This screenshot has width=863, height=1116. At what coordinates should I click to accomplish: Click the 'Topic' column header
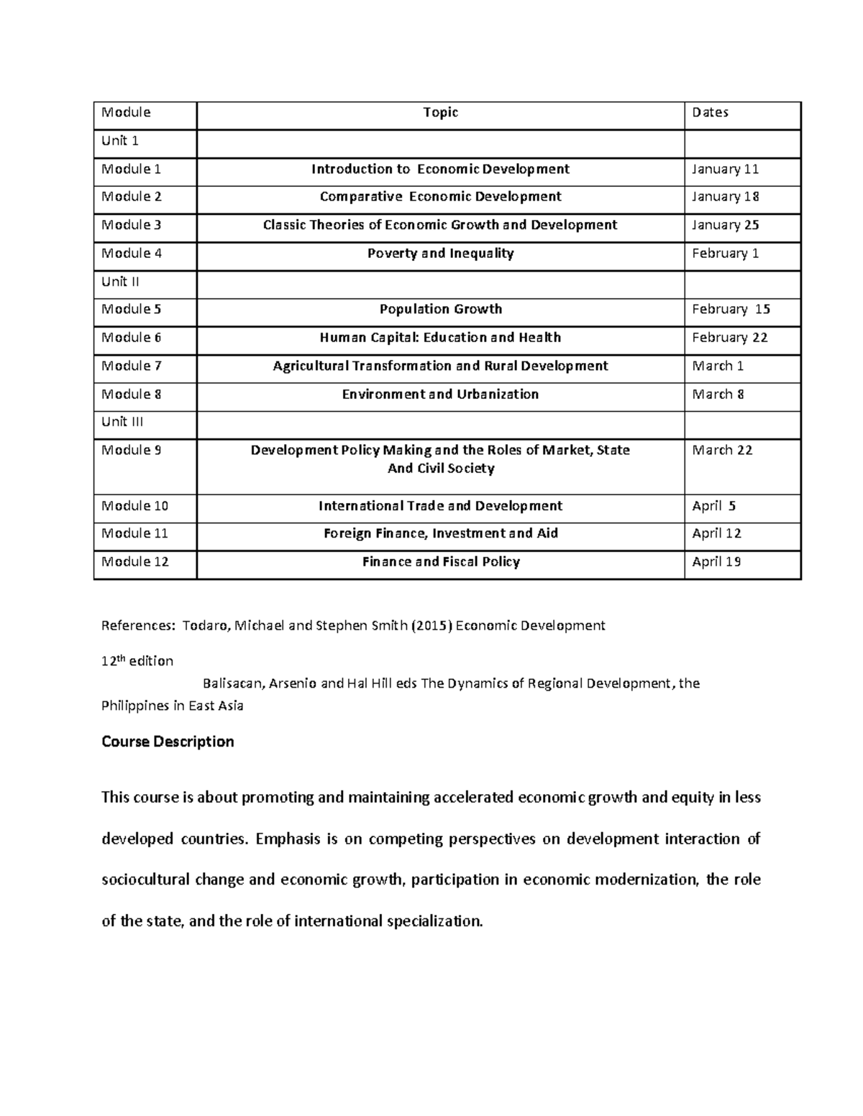[x=440, y=112]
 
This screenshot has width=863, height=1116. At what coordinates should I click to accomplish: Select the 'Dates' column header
[x=710, y=112]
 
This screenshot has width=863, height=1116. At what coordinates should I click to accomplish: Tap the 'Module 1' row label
[x=131, y=169]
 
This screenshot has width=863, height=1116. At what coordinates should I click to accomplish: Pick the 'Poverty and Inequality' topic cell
[x=440, y=253]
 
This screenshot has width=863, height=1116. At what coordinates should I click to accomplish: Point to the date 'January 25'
[x=725, y=225]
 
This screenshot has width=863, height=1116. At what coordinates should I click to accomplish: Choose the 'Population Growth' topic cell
[x=440, y=309]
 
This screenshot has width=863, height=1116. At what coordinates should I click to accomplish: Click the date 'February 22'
[x=729, y=338]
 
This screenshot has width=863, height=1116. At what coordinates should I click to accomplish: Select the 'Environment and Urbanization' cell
[x=440, y=394]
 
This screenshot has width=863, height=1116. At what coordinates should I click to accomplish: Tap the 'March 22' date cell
[x=722, y=450]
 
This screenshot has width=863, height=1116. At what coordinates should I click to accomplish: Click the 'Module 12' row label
[x=134, y=562]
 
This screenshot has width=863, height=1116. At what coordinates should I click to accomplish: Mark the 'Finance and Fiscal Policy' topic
[x=440, y=562]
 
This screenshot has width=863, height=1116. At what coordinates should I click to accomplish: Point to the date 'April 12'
[x=716, y=533]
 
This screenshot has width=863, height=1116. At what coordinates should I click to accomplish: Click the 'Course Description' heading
[x=168, y=742]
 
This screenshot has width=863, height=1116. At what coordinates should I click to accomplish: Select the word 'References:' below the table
[x=137, y=625]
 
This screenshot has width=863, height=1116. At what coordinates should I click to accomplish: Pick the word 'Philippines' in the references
[x=134, y=706]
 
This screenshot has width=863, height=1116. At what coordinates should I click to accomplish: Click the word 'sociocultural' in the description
[x=145, y=880]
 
